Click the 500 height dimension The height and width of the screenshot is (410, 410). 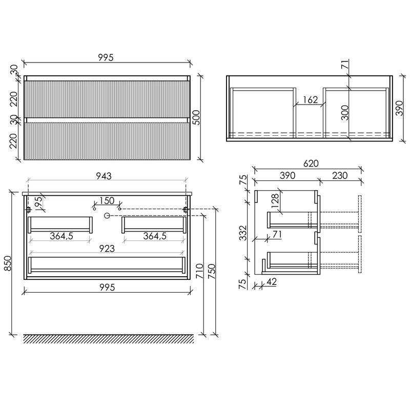click(197, 118)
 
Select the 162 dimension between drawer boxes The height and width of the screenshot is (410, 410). click(310, 99)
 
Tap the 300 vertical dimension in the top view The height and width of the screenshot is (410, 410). click(345, 112)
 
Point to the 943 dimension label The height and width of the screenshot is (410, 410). click(107, 176)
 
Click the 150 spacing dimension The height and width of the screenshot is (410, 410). click(107, 200)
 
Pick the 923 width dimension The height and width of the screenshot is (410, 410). click(107, 248)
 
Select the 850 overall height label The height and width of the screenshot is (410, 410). click(8, 263)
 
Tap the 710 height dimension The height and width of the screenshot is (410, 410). click(199, 271)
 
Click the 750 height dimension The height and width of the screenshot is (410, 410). click(212, 271)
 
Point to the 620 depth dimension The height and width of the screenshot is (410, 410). click(311, 163)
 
